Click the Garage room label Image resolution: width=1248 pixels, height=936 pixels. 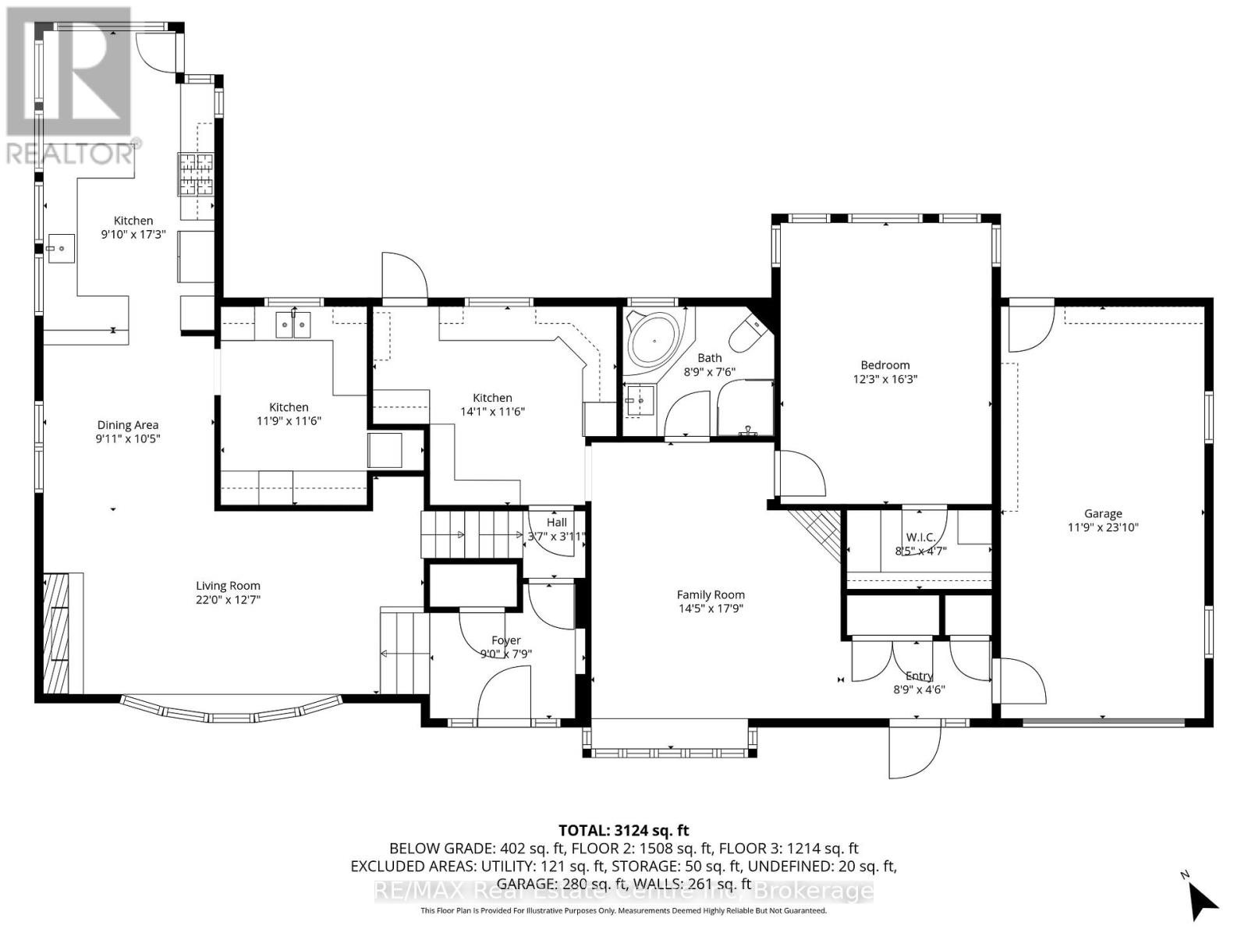(x=1102, y=513)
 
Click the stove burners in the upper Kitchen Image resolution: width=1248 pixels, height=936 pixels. (x=196, y=174)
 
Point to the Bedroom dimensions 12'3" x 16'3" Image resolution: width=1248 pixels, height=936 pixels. (x=885, y=379)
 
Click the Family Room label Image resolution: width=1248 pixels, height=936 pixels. (x=710, y=594)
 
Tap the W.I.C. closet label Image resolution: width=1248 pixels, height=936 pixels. (x=920, y=537)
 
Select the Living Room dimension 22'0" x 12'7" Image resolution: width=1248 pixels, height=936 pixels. (x=228, y=600)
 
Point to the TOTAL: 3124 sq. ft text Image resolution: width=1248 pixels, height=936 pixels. (x=623, y=831)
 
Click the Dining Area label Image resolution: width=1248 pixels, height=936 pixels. (x=128, y=425)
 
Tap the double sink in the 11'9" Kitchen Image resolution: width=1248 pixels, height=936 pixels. (x=293, y=324)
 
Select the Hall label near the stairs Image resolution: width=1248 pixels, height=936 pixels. (x=556, y=523)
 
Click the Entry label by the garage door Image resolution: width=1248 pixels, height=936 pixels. (x=919, y=675)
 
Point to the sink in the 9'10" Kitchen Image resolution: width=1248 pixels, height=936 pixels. (x=59, y=249)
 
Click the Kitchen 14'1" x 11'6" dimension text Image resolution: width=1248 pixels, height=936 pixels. (x=492, y=411)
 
